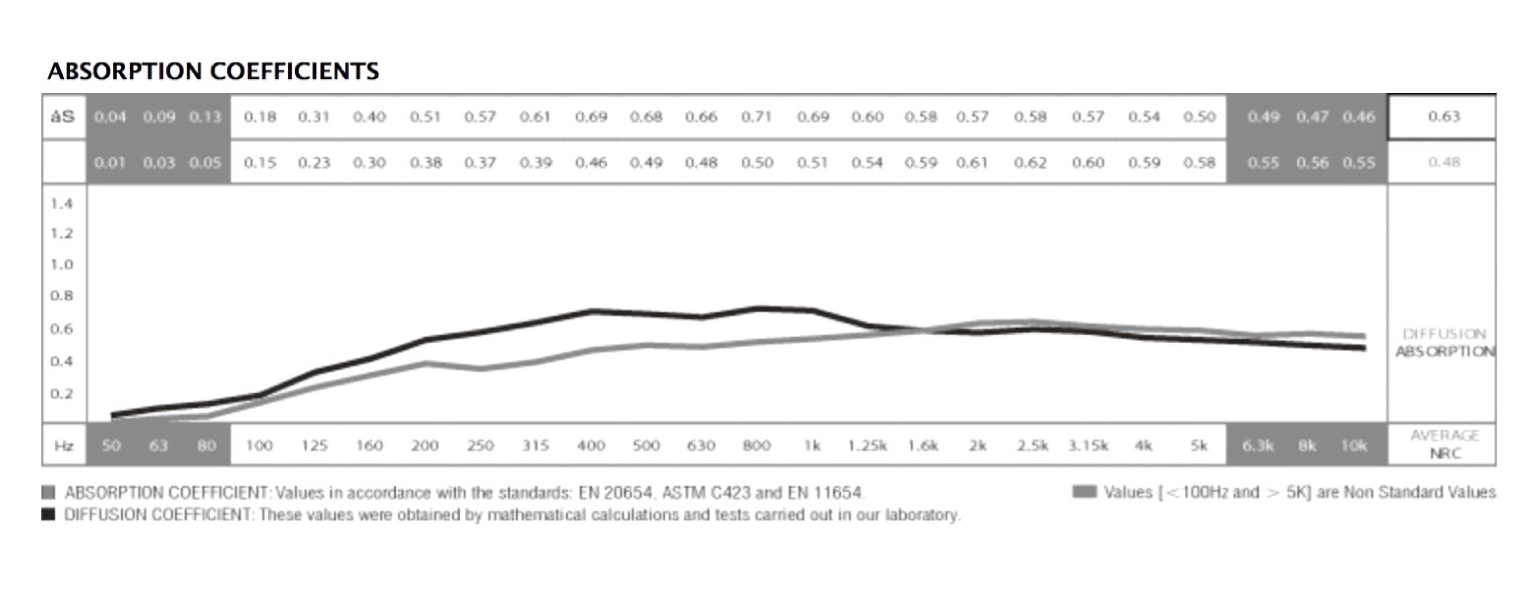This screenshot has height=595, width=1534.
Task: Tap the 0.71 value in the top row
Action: tap(756, 117)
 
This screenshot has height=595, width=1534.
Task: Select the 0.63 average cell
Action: tap(1443, 117)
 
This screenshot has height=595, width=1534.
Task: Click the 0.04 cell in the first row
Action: tap(110, 117)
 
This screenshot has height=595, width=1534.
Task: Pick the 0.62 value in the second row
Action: tap(1030, 163)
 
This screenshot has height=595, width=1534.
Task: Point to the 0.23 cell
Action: tap(314, 163)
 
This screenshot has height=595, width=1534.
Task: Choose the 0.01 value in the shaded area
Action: tap(110, 163)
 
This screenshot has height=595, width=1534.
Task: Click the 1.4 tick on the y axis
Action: tap(61, 204)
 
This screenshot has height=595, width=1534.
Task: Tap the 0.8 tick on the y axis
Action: tap(61, 296)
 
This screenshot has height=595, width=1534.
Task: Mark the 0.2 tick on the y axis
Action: tap(61, 394)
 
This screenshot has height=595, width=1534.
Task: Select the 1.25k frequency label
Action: tap(867, 446)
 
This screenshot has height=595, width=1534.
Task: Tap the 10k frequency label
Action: tap(1354, 446)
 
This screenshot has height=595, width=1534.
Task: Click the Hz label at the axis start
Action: tap(64, 446)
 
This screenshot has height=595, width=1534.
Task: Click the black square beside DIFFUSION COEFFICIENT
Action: tap(48, 514)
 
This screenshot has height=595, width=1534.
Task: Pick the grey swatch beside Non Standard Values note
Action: tap(1084, 492)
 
